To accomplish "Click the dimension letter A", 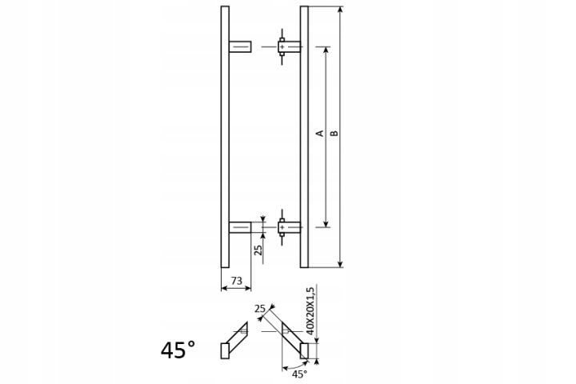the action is coord(320,133).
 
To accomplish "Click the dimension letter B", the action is coord(334,133).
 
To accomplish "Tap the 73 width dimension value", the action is coord(237,281).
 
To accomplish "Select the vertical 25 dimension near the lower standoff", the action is coord(258,250).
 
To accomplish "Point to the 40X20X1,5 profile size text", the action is coord(310,311).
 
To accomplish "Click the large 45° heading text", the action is coord(178,350).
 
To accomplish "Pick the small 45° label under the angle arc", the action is coord(299,374).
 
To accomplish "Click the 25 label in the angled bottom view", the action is coord(260,309).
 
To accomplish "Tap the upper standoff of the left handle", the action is coord(240,46).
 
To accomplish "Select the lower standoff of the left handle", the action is coord(240,227).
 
